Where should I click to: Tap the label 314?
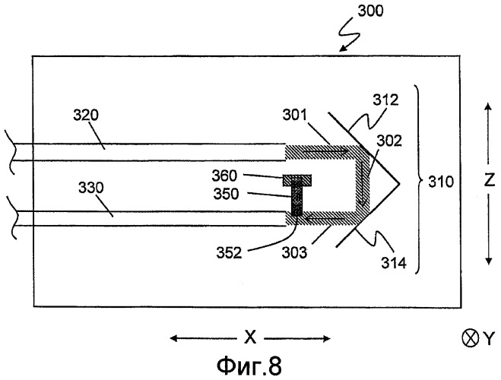[x=395, y=263]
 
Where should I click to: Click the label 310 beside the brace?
[x=441, y=182]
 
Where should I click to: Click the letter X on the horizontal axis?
[x=249, y=337]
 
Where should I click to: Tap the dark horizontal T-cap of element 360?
[x=297, y=180]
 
